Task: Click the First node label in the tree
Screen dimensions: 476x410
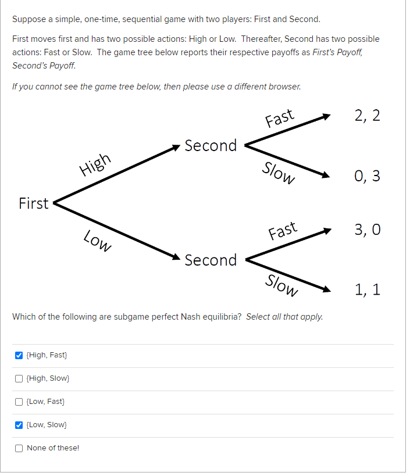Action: click(34, 203)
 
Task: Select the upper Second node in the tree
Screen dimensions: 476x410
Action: click(211, 145)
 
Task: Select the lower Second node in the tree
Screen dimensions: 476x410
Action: click(211, 260)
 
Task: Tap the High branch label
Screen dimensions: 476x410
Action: click(95, 164)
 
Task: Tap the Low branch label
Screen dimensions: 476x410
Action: click(97, 241)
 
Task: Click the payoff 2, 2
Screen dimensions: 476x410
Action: click(367, 115)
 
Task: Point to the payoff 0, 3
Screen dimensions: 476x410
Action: click(367, 176)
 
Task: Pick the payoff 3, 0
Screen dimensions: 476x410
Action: click(367, 230)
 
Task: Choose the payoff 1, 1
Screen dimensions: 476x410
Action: click(367, 289)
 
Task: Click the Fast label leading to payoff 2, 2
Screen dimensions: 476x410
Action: click(280, 118)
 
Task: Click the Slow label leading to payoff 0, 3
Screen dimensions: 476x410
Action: click(279, 172)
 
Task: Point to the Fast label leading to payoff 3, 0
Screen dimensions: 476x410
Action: click(283, 231)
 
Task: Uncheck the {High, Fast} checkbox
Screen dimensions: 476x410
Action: click(19, 355)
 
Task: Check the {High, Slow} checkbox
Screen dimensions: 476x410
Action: click(19, 378)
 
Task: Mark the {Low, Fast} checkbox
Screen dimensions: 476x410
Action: click(19, 402)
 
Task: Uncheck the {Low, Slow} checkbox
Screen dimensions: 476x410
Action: click(19, 425)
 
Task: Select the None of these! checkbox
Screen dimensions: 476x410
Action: click(19, 448)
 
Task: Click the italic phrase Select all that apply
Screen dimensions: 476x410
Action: click(284, 317)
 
